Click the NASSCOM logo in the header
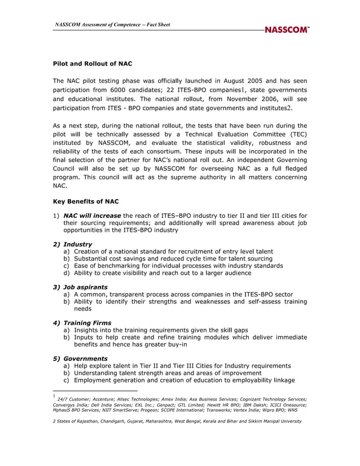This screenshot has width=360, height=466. (287, 30)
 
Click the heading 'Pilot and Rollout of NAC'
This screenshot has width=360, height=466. (92, 64)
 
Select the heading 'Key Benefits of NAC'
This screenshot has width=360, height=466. (86, 201)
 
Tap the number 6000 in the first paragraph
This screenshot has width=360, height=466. (125, 90)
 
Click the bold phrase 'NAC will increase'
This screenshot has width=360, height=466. (92, 216)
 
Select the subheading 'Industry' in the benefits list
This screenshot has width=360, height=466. (77, 244)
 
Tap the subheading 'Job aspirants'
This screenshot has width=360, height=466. (85, 287)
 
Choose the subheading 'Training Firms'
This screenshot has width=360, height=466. (87, 323)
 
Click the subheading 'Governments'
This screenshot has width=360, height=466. (85, 358)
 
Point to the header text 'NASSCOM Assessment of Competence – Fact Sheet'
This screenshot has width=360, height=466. (112, 24)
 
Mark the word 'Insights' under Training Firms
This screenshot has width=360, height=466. (87, 330)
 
